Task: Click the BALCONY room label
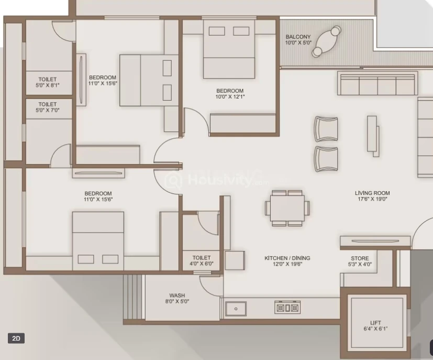(x=298, y=37)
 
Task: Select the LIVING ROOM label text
(x=372, y=193)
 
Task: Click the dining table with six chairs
(x=287, y=208)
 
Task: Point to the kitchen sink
(x=236, y=309)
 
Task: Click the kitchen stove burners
(x=287, y=308)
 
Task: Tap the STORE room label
(x=360, y=258)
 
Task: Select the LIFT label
(x=375, y=323)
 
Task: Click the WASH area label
(x=177, y=296)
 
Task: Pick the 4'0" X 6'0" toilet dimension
(x=202, y=264)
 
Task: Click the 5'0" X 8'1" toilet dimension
(x=47, y=85)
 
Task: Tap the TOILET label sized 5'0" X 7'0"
(x=47, y=104)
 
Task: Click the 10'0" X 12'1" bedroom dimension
(x=230, y=97)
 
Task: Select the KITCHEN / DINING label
(x=287, y=258)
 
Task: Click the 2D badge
(x=16, y=338)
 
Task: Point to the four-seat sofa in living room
(x=377, y=84)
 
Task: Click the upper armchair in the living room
(x=326, y=128)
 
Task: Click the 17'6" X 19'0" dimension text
(x=372, y=199)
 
